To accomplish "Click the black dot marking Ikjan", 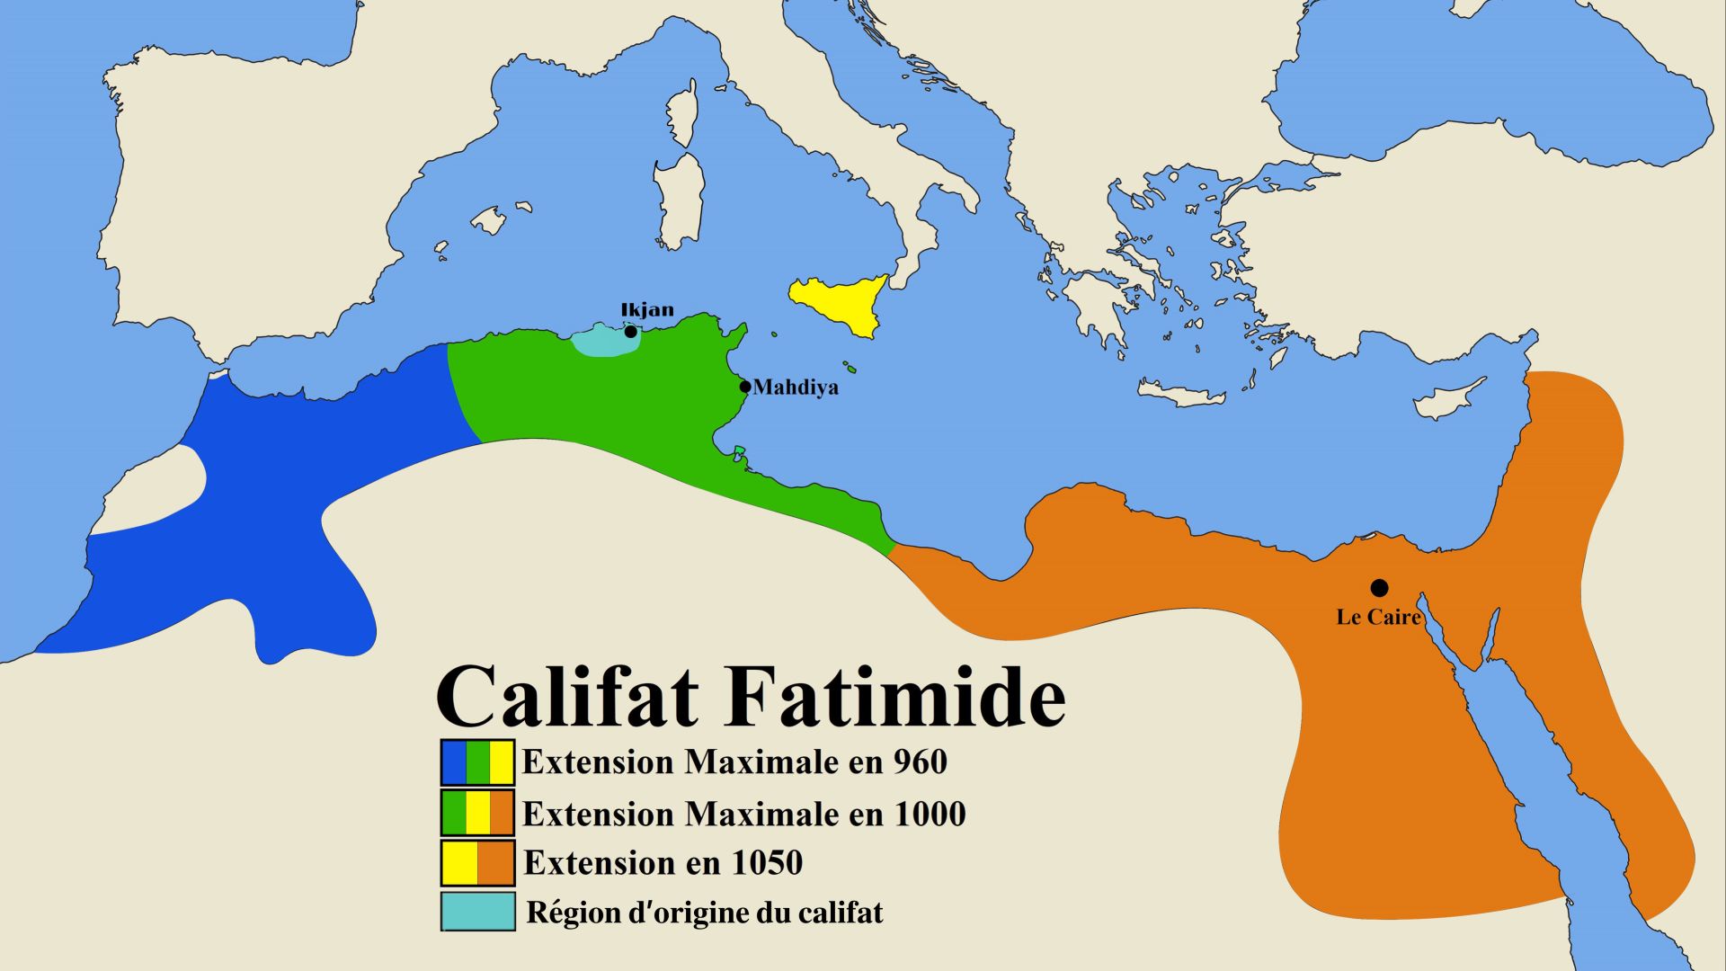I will [631, 332].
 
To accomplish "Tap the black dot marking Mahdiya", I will [744, 388].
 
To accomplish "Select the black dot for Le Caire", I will [1379, 588].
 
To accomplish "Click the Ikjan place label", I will [647, 310].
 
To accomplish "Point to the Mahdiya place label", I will [796, 388].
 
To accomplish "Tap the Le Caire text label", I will [1378, 617].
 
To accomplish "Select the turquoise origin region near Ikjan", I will [598, 341].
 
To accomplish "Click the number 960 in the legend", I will [921, 762].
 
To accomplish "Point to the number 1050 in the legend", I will [767, 863].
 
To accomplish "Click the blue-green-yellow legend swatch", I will [477, 762].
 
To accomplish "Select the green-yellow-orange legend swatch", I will [477, 813].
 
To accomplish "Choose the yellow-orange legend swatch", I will [477, 863].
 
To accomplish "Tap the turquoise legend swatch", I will [477, 912].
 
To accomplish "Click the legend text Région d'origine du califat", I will [705, 913].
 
